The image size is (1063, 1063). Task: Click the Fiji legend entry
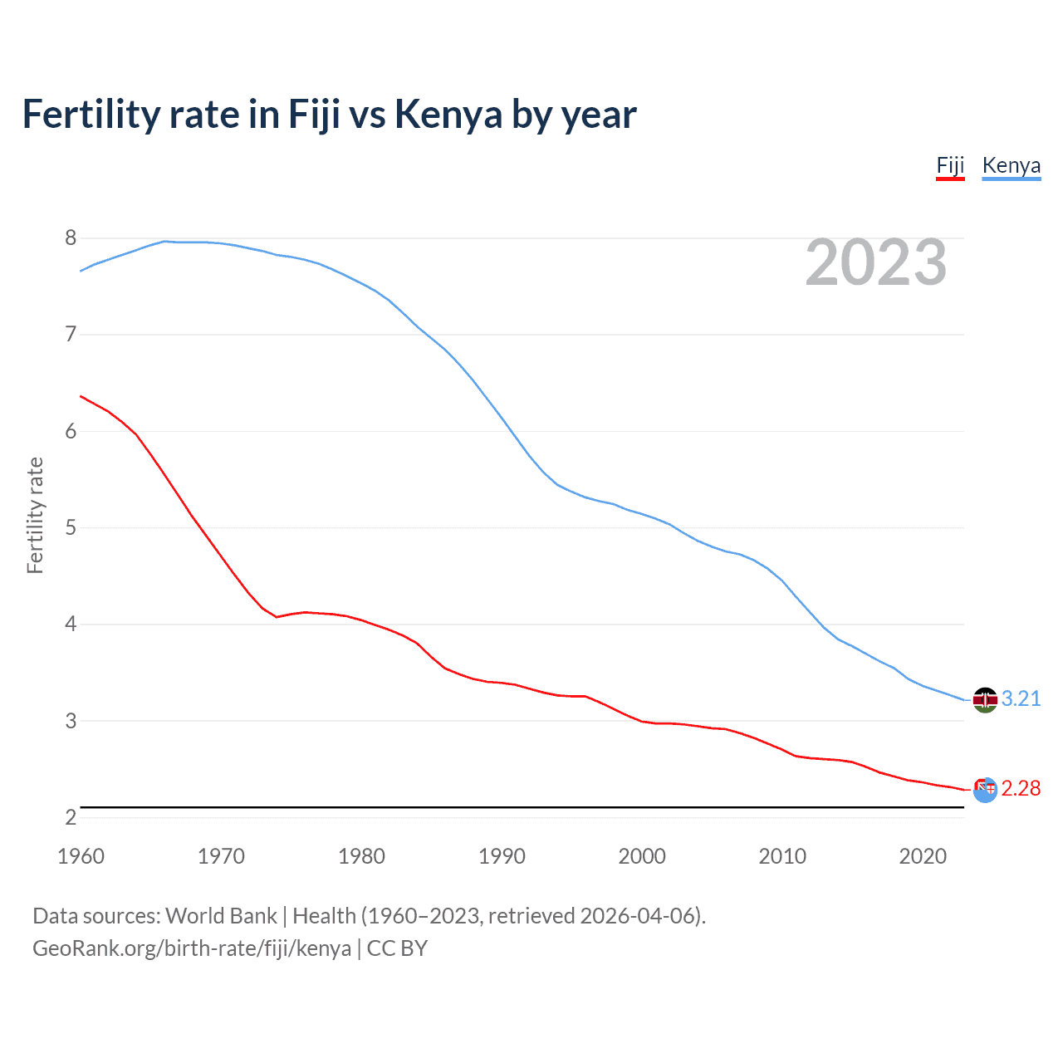950,165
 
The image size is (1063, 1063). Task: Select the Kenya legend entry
1011,165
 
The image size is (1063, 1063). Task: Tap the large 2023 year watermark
876,262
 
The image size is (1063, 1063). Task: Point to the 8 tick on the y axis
71,238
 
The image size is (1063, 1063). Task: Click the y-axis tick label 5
71,528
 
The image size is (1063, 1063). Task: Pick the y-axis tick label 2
71,817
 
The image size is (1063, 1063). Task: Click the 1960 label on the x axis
81,856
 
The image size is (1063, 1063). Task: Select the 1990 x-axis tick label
502,856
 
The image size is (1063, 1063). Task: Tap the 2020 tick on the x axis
923,856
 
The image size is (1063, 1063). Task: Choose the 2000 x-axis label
642,856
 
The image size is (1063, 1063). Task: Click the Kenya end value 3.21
1021,699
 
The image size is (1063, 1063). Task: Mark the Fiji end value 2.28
1021,789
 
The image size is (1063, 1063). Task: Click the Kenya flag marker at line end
985,700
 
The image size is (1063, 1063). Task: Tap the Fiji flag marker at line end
985,790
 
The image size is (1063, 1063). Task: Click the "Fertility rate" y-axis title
35,515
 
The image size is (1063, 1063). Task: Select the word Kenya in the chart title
448,115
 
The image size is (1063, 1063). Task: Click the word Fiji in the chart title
314,115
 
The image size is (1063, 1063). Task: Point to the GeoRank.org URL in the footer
192,948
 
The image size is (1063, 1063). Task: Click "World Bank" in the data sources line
221,916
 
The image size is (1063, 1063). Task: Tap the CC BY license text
397,948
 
